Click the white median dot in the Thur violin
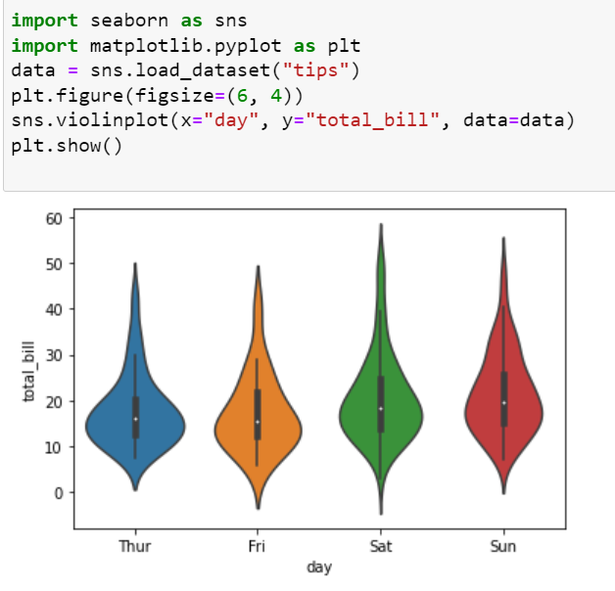[136, 419]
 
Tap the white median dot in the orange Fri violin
[258, 422]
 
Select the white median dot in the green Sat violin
[380, 409]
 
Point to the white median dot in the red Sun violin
[504, 403]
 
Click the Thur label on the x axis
[135, 546]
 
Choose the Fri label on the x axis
[257, 546]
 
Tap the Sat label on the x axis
[381, 546]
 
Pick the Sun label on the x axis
[503, 546]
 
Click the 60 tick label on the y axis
[54, 218]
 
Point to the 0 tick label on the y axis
[59, 493]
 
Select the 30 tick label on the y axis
[54, 356]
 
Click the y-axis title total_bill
[29, 372]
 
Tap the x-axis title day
[319, 568]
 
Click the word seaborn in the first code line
[129, 21]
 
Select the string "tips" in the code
[315, 70]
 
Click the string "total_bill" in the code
[372, 120]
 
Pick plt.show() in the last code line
[67, 146]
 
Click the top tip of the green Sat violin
[381, 224]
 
